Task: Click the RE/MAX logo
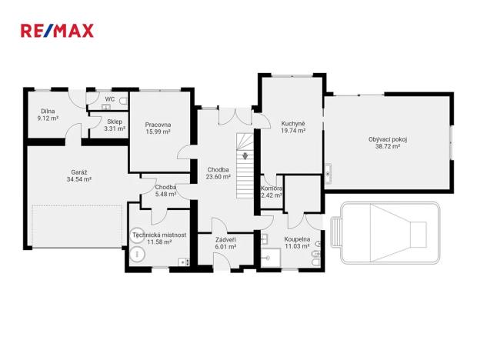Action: pos(57,31)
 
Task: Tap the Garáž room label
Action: pos(78,172)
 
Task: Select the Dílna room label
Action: pos(48,111)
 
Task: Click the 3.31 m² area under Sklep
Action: pos(115,128)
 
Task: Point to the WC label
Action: pos(110,99)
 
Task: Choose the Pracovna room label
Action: pos(158,125)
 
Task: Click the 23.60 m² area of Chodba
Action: pos(218,176)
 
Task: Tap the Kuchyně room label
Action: pos(293,124)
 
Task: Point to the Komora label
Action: pos(272,188)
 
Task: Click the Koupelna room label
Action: pos(297,239)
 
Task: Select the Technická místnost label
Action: pos(159,235)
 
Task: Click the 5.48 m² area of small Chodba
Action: pos(165,194)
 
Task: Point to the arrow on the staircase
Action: pos(245,156)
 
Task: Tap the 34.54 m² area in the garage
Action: pos(78,179)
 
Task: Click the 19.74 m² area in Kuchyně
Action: pos(293,131)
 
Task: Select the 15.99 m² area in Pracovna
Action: pos(158,132)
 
